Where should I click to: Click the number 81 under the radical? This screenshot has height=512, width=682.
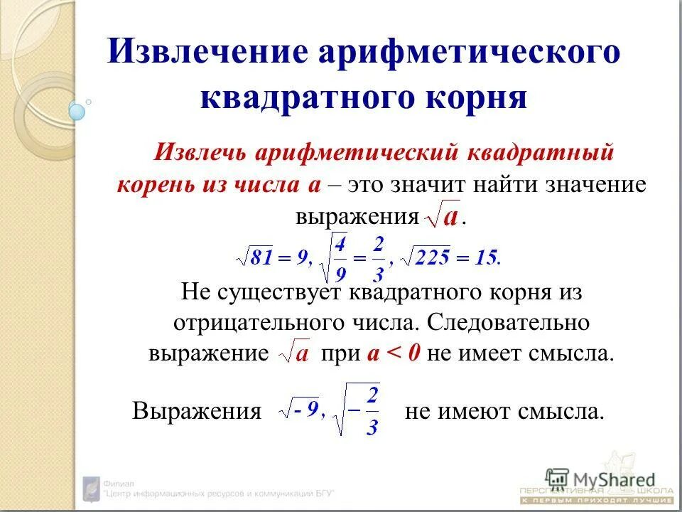[x=261, y=260]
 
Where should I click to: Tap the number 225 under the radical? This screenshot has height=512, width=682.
[x=433, y=258]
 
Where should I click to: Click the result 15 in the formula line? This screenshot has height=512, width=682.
[x=488, y=259]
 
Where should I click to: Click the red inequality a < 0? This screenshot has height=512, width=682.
[x=395, y=353]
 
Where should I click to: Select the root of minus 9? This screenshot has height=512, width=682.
[x=301, y=410]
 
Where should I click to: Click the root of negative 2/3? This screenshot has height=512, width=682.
[x=359, y=410]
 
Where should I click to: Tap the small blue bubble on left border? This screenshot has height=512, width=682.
[x=77, y=112]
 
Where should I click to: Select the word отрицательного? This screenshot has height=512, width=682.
[x=297, y=322]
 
